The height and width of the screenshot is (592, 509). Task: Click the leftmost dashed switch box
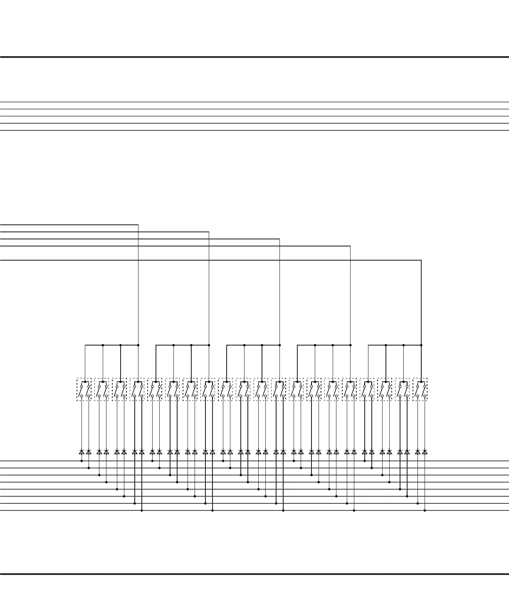click(x=84, y=389)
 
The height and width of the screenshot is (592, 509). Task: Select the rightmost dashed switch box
click(x=420, y=389)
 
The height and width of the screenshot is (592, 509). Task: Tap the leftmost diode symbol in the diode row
click(x=82, y=452)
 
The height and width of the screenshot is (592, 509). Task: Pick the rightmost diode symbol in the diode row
click(x=425, y=452)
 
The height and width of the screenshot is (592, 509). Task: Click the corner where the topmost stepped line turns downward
click(x=138, y=225)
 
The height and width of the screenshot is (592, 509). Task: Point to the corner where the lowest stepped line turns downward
click(x=421, y=261)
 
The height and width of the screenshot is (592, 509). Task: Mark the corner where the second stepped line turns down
click(x=209, y=232)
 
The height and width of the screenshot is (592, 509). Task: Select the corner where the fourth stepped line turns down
click(x=350, y=246)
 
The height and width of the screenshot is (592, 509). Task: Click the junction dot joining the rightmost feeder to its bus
click(x=421, y=345)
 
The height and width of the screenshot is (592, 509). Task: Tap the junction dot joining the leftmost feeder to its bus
click(x=138, y=345)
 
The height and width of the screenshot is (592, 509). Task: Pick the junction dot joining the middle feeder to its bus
click(x=279, y=345)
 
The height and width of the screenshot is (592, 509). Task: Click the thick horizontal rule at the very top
click(x=254, y=57)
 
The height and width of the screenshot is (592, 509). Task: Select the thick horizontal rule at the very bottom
click(x=254, y=574)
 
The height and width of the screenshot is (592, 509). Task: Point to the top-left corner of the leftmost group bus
click(x=85, y=345)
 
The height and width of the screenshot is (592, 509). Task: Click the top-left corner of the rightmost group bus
click(x=368, y=345)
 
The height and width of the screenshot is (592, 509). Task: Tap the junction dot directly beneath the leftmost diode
click(x=82, y=461)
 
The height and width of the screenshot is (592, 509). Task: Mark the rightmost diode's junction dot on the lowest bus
click(x=425, y=510)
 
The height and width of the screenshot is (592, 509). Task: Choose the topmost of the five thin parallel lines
click(x=254, y=102)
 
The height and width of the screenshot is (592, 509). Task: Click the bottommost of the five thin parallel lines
click(x=254, y=130)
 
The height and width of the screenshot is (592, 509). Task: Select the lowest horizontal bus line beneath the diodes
click(x=42, y=510)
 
